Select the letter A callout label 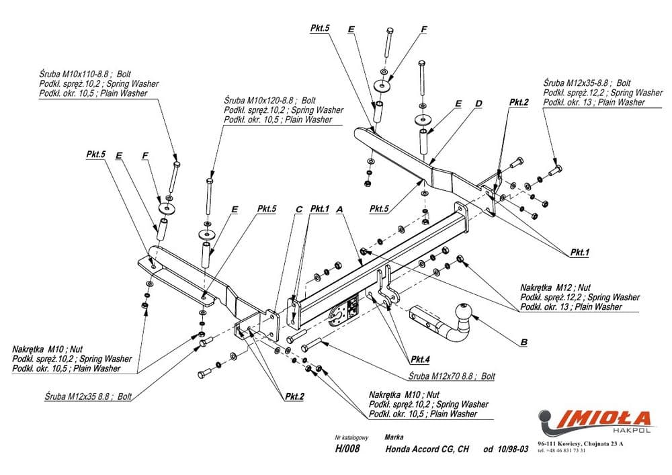coord(339,210)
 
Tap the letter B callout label coord(523,342)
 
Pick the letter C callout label coord(298,210)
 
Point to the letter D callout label coord(478,103)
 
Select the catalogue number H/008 coord(347,449)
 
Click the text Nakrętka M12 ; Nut coord(555,287)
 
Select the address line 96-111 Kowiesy coord(581,443)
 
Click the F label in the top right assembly coord(424,30)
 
